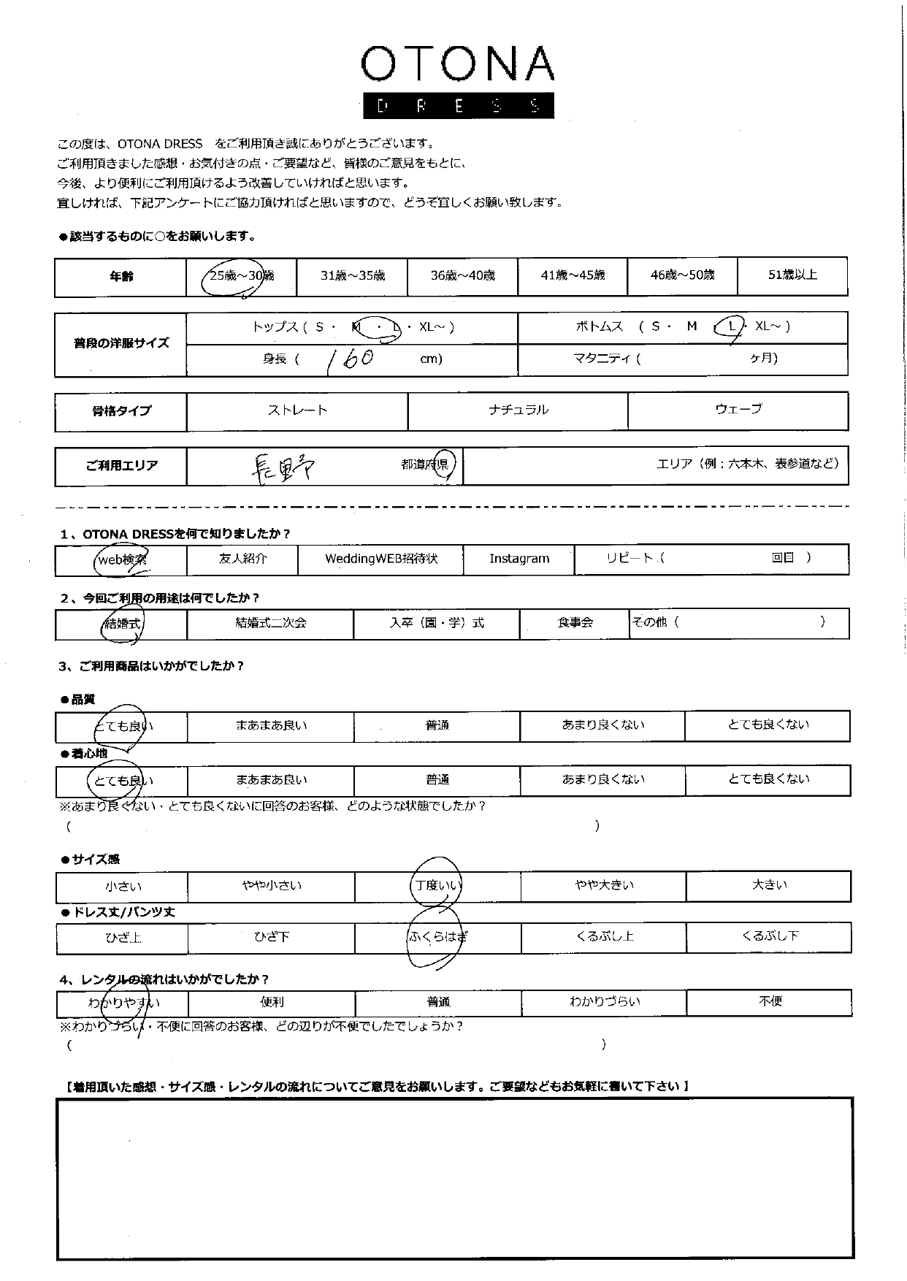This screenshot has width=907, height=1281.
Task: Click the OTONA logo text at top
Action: (x=457, y=64)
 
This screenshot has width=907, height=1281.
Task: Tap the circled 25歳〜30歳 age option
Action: (x=241, y=276)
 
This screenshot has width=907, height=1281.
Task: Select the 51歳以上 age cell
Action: (x=792, y=275)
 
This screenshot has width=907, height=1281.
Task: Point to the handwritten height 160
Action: (x=350, y=359)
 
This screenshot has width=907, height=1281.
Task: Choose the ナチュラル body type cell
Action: (x=518, y=410)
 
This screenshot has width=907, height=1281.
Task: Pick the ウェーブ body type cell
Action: (x=738, y=410)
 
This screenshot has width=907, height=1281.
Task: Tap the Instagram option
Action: (x=518, y=559)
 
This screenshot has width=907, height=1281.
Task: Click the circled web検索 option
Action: (x=122, y=560)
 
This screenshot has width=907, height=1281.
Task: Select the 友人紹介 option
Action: (x=242, y=559)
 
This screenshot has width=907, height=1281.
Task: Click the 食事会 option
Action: (x=575, y=624)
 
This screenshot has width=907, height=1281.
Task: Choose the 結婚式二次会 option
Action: (x=270, y=624)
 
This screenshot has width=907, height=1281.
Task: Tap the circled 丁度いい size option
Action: (x=437, y=887)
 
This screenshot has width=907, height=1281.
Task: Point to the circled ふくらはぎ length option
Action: (x=437, y=937)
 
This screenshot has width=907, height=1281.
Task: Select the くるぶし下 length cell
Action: (x=769, y=936)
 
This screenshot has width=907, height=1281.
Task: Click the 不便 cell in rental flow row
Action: (x=770, y=1002)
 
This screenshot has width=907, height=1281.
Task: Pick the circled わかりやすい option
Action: (x=123, y=1003)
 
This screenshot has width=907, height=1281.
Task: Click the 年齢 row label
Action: (x=121, y=277)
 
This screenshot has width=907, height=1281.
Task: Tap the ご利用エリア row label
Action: (x=121, y=466)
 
